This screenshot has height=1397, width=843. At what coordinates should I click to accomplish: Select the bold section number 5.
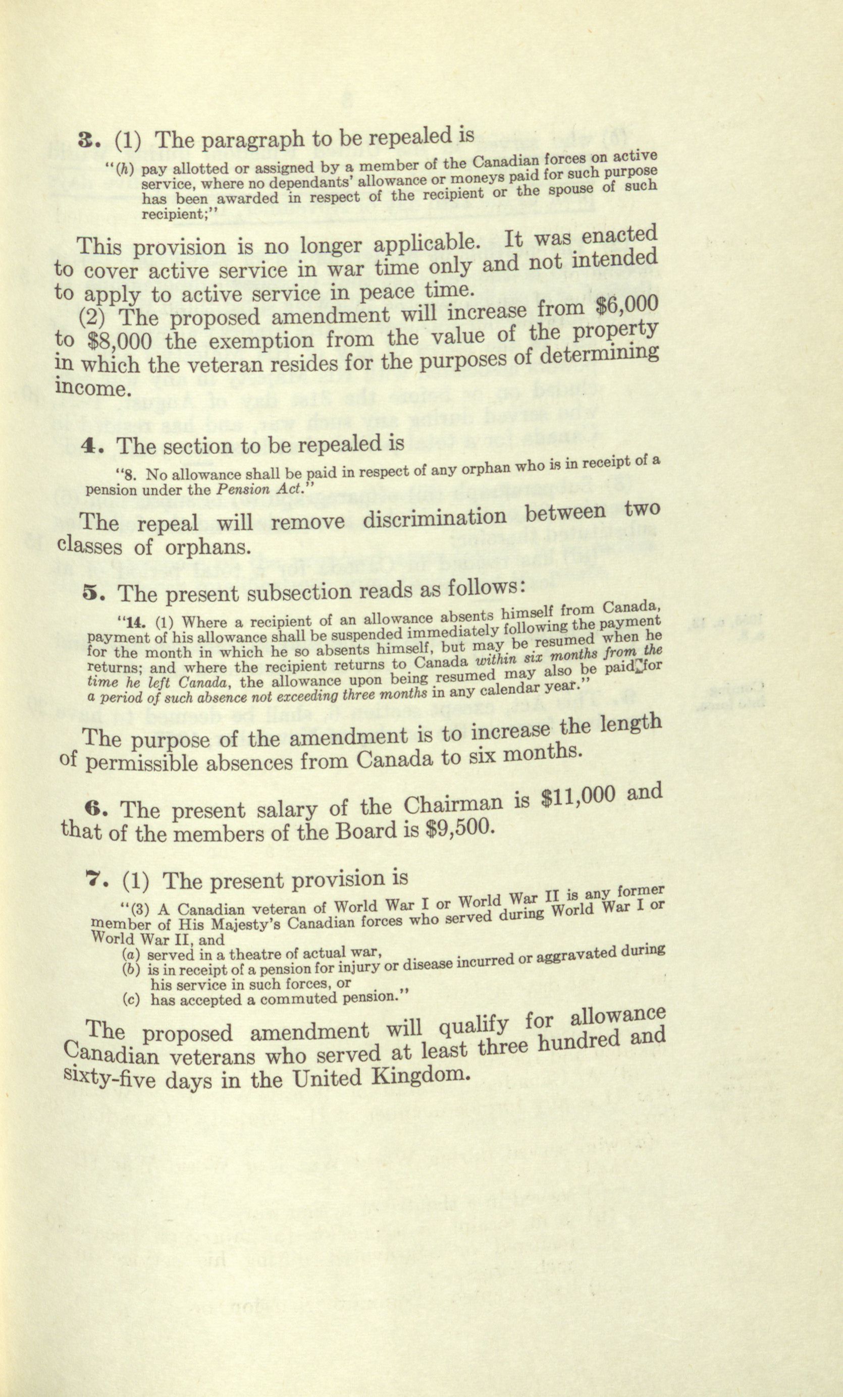[92, 593]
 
